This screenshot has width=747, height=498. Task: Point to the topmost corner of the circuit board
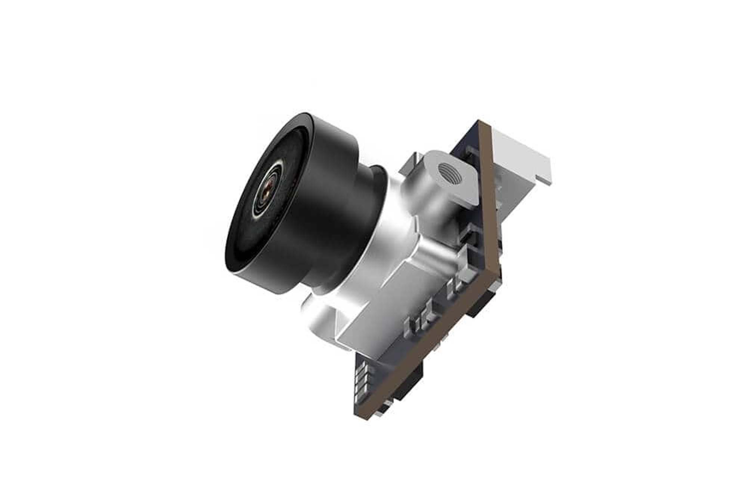(482, 121)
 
